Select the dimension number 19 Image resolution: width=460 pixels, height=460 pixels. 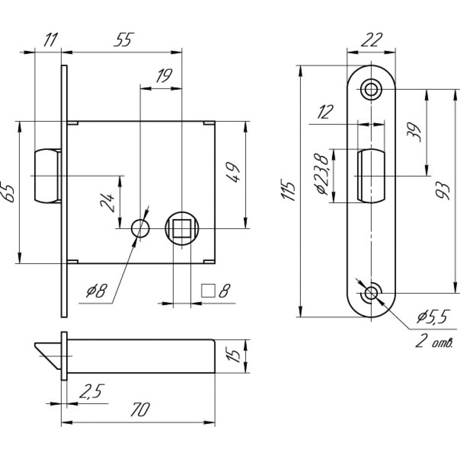coord(164,76)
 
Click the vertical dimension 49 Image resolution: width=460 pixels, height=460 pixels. coord(234,172)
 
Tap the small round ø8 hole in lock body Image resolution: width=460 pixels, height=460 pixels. coord(140,228)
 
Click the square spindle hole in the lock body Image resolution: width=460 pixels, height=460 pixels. coord(182,229)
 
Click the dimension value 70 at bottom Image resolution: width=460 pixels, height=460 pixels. coord(140,409)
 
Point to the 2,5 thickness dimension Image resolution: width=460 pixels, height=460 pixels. coord(92,391)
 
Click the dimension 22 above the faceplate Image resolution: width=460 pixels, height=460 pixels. coord(371,40)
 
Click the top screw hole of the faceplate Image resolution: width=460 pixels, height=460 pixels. coord(371,89)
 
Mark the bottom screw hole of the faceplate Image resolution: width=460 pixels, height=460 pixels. coord(371,293)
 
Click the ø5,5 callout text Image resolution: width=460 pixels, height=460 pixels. coord(433,317)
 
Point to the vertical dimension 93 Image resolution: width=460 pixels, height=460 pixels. coord(443,191)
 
